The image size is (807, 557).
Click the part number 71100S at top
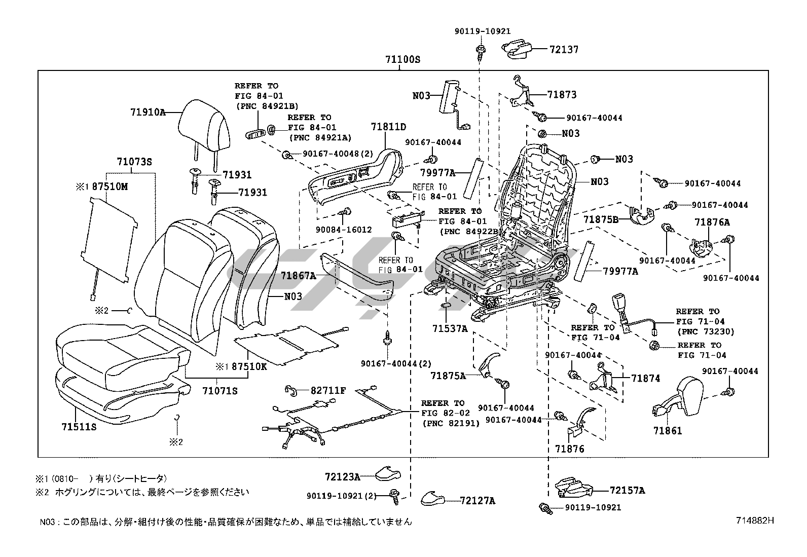pos(402,59)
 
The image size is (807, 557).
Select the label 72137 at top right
pos(564,50)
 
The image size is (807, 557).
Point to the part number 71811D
pos(388,127)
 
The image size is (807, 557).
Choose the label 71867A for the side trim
pos(298,276)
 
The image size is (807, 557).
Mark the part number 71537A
pos(450,328)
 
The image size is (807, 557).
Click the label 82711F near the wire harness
pos(328,391)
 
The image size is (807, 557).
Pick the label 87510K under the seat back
pos(249,366)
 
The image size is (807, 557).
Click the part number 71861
pos(668,431)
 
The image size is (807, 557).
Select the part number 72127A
pos(477,501)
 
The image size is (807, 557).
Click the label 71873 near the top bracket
pos(562,95)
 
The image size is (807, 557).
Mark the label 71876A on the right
pos(712,222)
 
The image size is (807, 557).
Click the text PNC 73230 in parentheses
pos(705,331)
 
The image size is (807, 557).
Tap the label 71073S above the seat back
pos(134,162)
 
